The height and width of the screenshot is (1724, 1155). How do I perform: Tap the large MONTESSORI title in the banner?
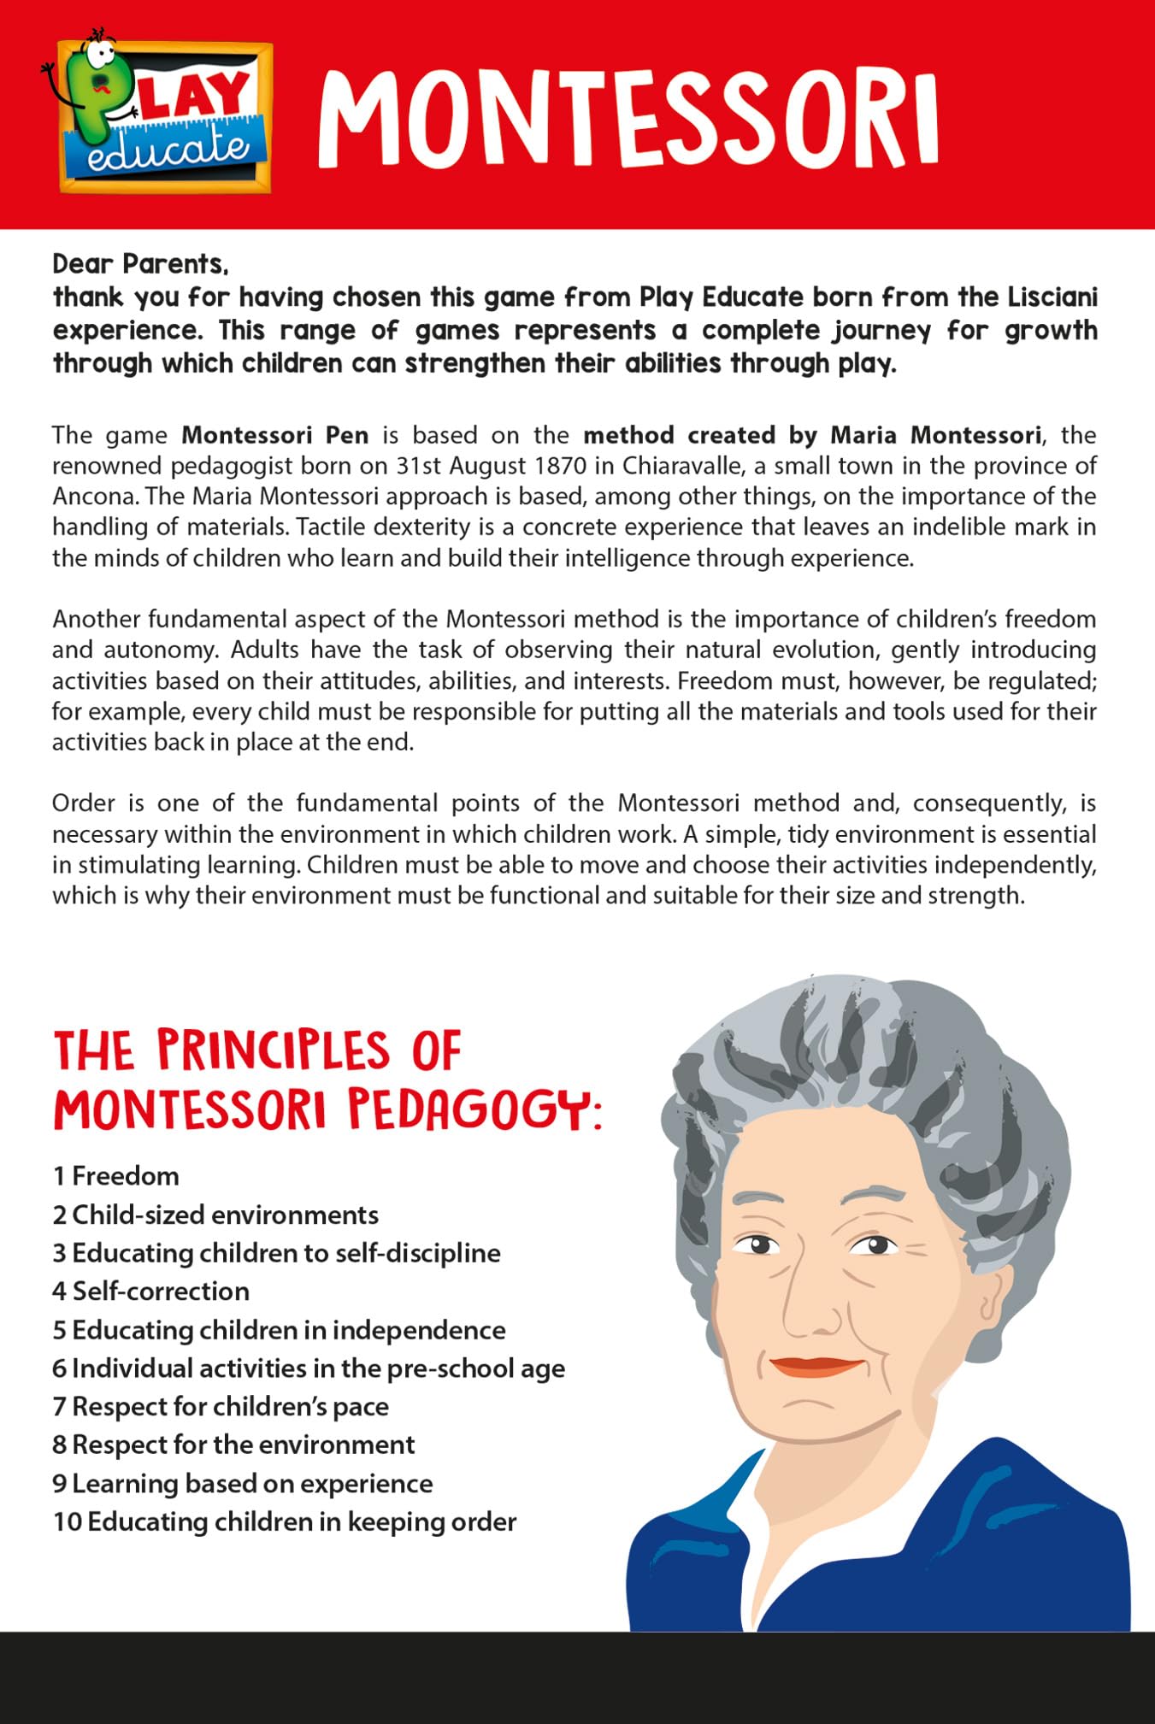coord(628,120)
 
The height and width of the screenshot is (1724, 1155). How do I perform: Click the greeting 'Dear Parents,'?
coord(140,264)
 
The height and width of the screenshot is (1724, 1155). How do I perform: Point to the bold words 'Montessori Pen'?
coord(275,435)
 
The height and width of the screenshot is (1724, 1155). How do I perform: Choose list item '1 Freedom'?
coord(116,1176)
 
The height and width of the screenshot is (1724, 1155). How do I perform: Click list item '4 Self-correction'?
coord(151,1292)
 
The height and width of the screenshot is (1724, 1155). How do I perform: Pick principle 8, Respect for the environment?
coord(233,1445)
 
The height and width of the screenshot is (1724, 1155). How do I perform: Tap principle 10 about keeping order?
coord(285,1521)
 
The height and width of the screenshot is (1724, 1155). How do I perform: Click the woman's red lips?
coord(816,1366)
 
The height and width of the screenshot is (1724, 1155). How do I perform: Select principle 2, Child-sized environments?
coord(215,1215)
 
